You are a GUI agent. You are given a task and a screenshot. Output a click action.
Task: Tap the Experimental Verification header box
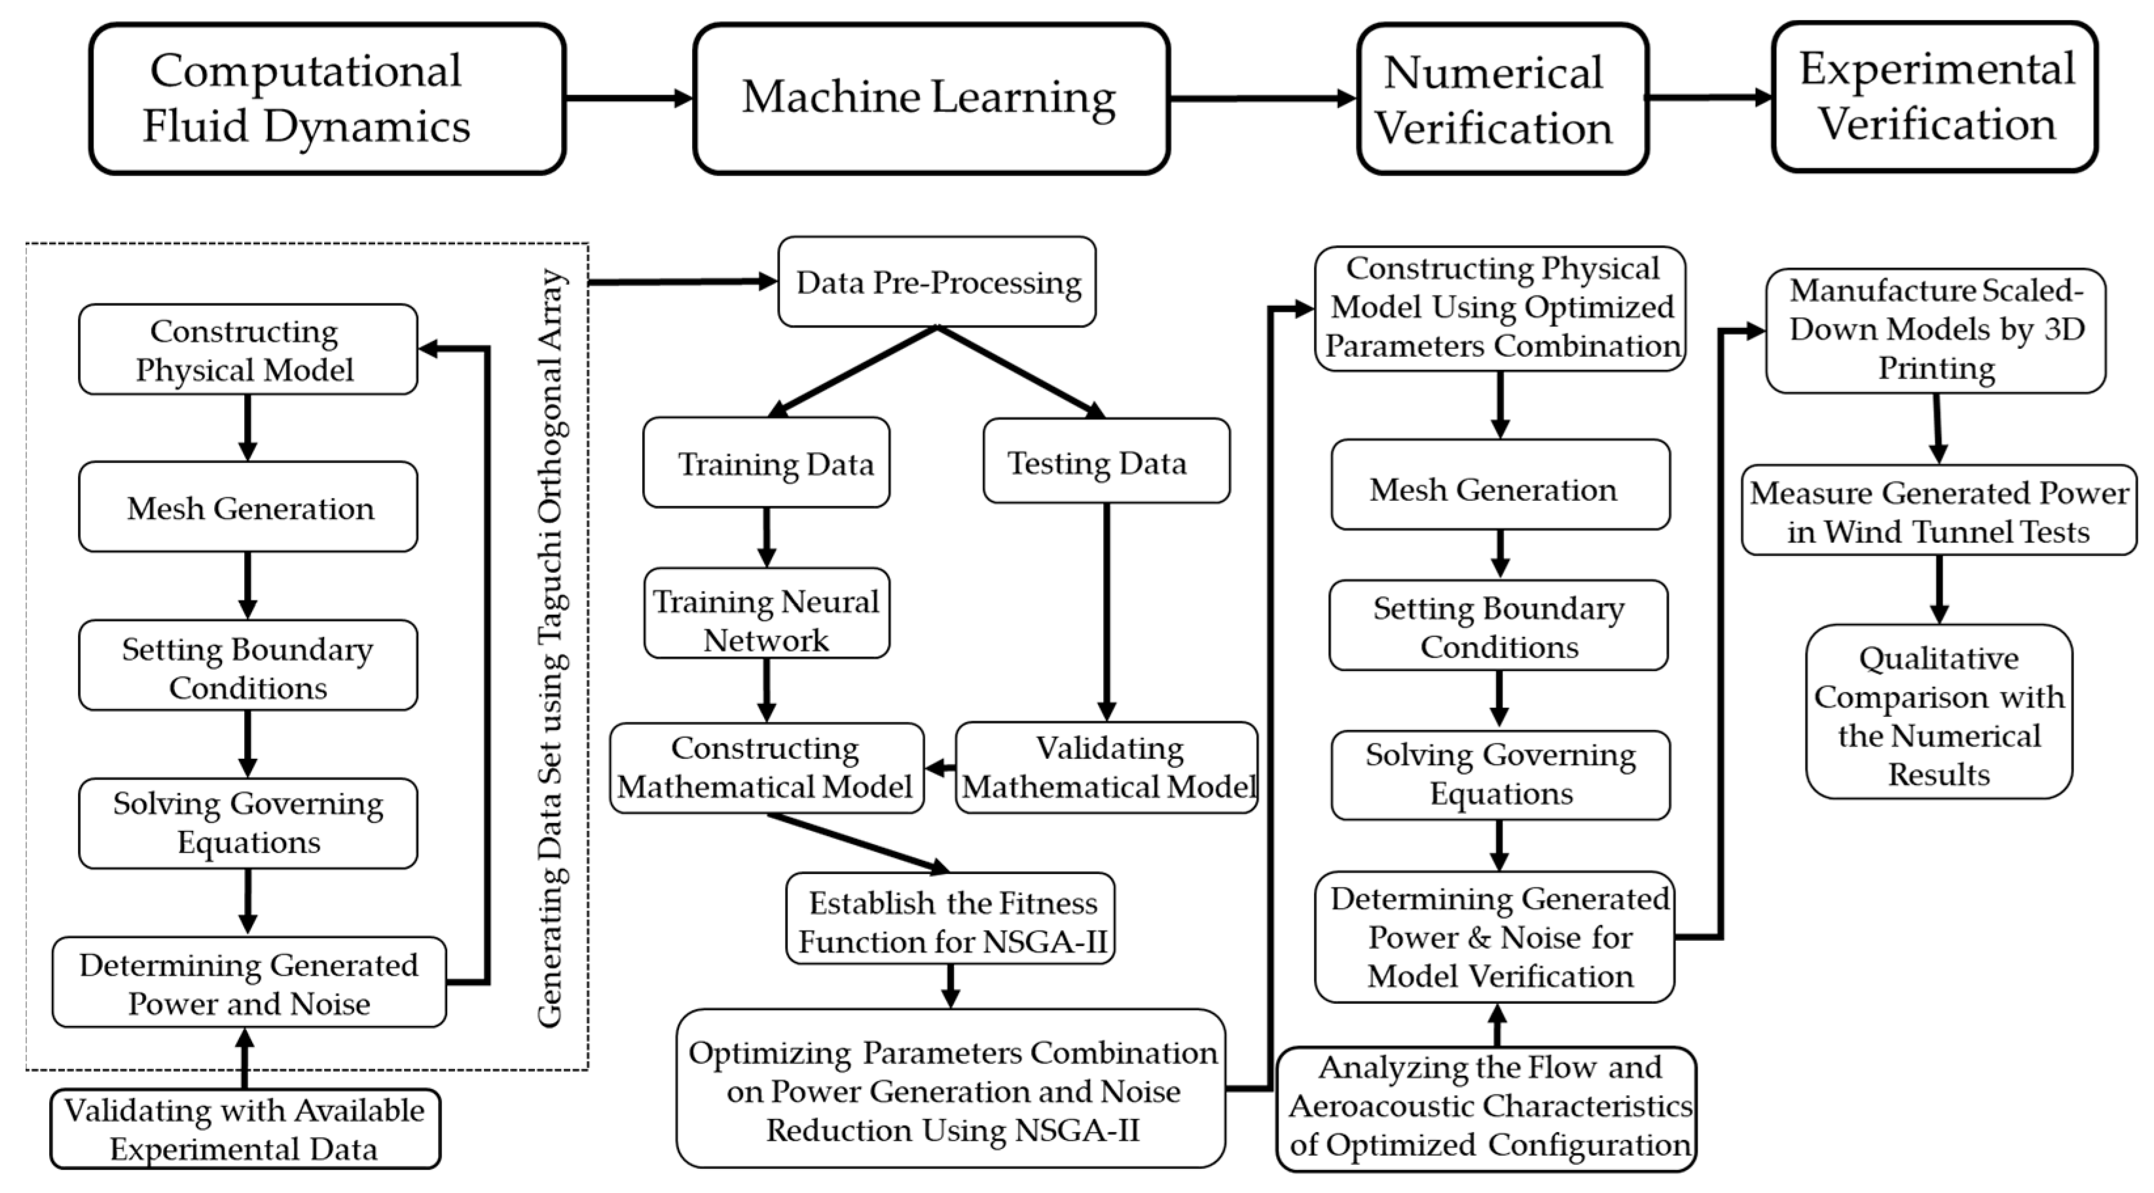coord(1934,97)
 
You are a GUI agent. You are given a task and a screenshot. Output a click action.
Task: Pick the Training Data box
coord(766,463)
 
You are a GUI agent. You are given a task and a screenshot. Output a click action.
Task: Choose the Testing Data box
coord(1105,462)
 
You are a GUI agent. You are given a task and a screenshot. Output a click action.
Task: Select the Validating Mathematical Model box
coord(1107,767)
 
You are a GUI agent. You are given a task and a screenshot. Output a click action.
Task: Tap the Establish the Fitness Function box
coord(950,919)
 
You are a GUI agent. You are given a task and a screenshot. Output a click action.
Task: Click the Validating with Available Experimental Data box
coord(244,1129)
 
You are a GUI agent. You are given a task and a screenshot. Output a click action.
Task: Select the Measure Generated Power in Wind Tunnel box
coord(1938,511)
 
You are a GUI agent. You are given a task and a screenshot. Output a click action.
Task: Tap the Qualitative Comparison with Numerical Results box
coord(1938,712)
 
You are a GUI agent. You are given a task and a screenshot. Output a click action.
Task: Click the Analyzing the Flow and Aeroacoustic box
coord(1486,1107)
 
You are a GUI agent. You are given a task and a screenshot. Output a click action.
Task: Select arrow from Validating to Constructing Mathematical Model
coord(941,767)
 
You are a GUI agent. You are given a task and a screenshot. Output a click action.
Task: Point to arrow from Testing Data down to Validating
coord(1106,610)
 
